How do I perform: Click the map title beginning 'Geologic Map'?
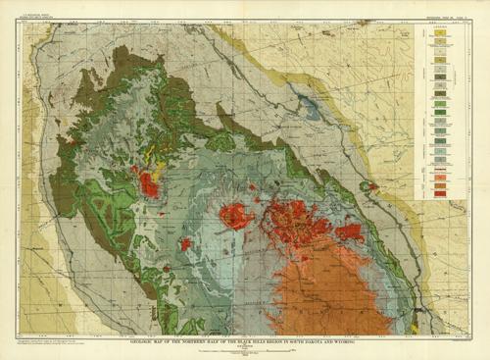245,340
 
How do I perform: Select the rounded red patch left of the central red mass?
235,216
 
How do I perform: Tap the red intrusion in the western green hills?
150,182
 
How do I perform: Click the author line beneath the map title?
245,345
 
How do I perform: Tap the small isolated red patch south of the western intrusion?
185,242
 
